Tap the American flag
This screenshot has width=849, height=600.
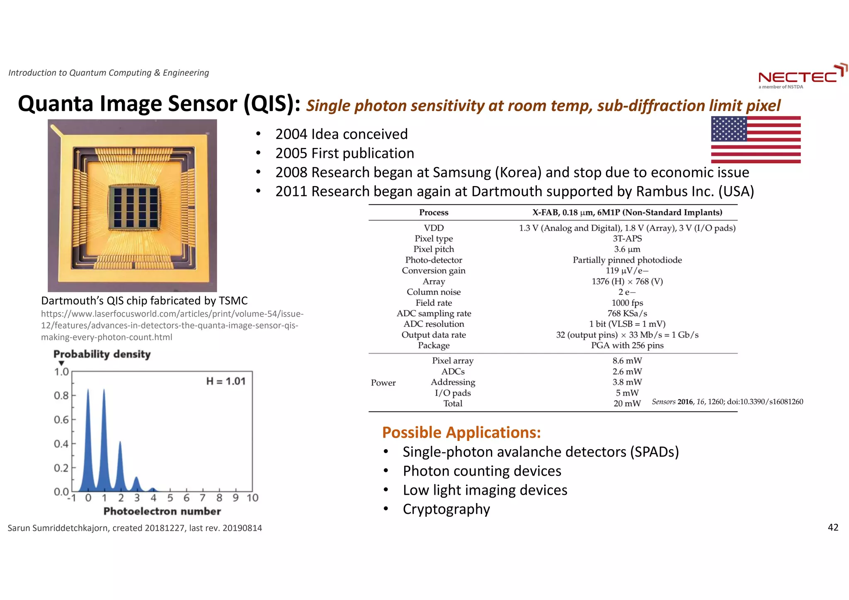tap(756, 140)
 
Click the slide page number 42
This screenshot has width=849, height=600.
tap(833, 527)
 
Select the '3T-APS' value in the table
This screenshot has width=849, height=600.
tap(627, 239)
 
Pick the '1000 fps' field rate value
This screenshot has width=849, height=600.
tap(627, 303)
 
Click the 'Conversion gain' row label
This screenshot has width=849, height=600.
tap(433, 271)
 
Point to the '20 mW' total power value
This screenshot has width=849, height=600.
tap(627, 404)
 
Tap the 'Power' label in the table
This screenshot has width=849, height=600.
tap(383, 382)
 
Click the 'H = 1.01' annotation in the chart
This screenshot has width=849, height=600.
tap(226, 381)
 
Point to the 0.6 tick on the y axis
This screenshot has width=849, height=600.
tap(61, 420)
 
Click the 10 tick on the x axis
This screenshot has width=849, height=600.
tap(252, 498)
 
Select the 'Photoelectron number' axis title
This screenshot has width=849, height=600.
tap(162, 511)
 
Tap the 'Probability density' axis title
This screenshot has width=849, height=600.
tap(102, 354)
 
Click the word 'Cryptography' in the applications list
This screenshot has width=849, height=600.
tap(446, 509)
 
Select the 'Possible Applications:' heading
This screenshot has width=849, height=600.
tap(461, 433)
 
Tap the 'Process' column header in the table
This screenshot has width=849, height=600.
tap(433, 213)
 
